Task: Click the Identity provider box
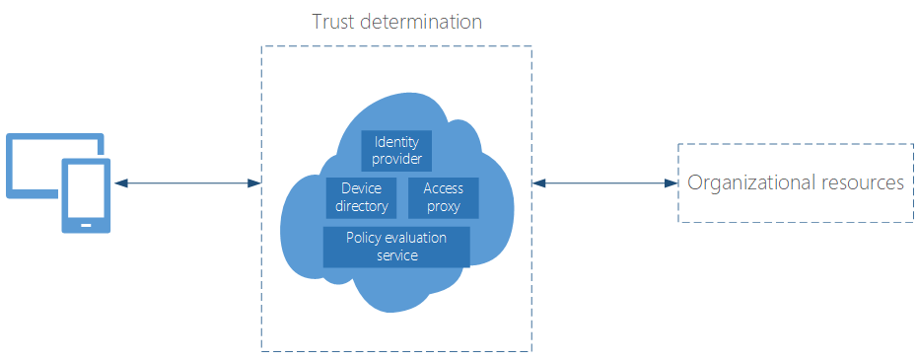point(396,150)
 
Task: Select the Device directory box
point(361,197)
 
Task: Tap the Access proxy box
point(443,197)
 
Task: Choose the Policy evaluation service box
point(396,247)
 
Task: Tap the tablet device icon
point(86,195)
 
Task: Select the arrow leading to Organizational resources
point(603,182)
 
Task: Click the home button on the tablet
point(86,225)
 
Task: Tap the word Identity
point(396,142)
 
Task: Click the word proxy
point(443,206)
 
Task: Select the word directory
point(361,206)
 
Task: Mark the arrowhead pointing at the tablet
point(118,182)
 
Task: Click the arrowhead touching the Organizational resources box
point(671,182)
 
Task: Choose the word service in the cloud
point(396,255)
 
